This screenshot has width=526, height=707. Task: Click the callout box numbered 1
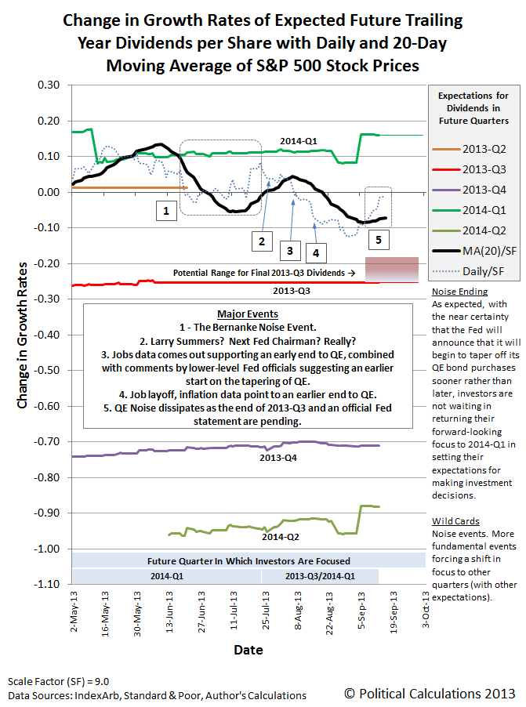coord(165,211)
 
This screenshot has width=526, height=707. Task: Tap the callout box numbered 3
coord(289,251)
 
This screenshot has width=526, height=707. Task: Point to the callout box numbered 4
coord(315,252)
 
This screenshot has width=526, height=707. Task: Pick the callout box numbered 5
coord(377,240)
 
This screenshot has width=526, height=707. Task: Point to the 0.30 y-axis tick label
coord(48,85)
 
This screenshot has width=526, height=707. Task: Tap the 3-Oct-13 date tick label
coord(426,617)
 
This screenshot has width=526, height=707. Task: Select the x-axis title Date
coord(248,650)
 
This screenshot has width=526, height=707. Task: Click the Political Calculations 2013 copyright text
coord(430,693)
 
